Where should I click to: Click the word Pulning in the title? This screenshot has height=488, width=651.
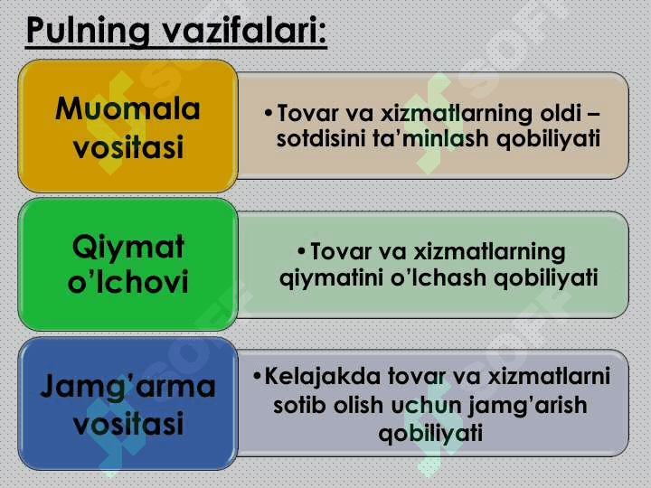click(88, 31)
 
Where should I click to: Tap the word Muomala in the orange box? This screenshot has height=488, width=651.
click(127, 109)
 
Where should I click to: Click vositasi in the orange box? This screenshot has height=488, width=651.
click(127, 146)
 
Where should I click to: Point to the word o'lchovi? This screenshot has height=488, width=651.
click(127, 282)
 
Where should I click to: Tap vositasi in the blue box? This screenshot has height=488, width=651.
click(127, 423)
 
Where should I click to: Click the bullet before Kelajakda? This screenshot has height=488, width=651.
click(257, 376)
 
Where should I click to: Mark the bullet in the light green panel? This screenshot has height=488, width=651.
click(301, 251)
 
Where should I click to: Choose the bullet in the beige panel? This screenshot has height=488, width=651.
click(269, 112)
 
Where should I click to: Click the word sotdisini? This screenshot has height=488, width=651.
click(320, 138)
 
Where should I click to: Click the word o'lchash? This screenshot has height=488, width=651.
click(438, 277)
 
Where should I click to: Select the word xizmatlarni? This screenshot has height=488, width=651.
click(549, 376)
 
